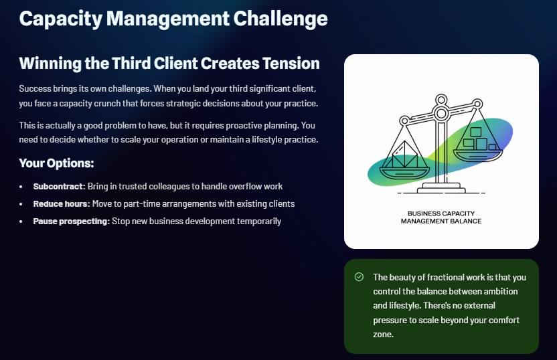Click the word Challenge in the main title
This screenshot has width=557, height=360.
(280, 18)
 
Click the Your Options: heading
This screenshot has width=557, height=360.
(56, 163)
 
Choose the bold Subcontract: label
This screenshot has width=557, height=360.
(59, 186)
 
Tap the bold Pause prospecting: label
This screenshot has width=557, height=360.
(71, 221)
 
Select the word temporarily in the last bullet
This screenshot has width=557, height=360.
(258, 221)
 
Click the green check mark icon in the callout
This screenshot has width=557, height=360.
(359, 277)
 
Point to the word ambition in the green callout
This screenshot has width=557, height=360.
(499, 291)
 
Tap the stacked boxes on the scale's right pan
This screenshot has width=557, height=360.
(478, 139)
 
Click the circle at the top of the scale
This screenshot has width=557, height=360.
(441, 100)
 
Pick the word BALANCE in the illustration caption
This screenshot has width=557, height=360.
(465, 221)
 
